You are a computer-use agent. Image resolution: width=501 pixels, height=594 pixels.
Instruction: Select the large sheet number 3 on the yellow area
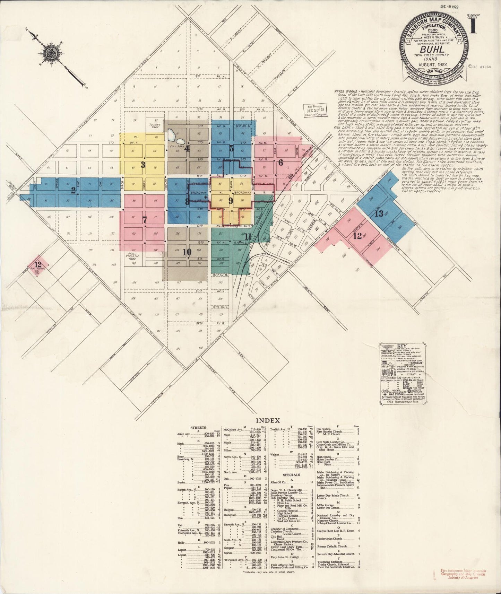click(x=143, y=165)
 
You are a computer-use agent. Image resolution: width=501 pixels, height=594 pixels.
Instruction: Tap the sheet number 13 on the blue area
click(x=379, y=213)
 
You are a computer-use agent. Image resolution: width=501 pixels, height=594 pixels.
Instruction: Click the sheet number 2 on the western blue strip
click(x=73, y=190)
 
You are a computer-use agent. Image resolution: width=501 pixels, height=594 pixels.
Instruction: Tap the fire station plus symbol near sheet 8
click(x=206, y=197)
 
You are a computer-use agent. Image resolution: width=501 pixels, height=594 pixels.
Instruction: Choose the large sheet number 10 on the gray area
click(x=187, y=252)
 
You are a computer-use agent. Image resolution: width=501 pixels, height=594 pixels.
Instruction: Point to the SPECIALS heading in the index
click(x=291, y=475)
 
